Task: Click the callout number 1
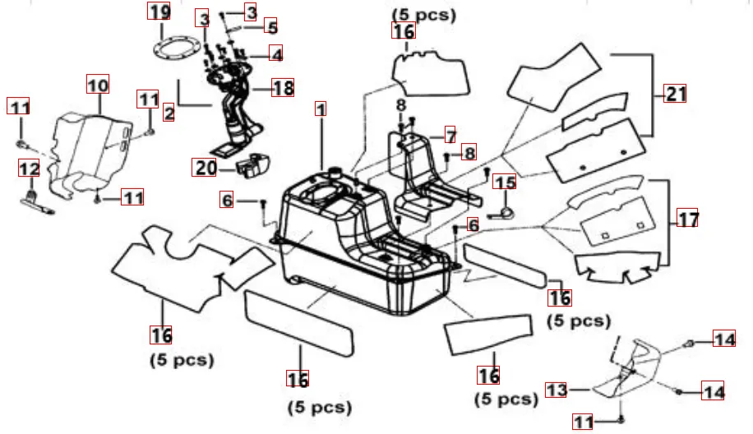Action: [x=321, y=108]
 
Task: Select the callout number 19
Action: [x=159, y=12]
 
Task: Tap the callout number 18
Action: [x=283, y=87]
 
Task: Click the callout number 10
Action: [x=98, y=84]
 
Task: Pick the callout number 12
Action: [x=29, y=169]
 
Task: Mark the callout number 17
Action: [x=687, y=219]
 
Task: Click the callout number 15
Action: [x=505, y=182]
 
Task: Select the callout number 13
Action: [x=557, y=390]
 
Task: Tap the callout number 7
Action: [x=450, y=134]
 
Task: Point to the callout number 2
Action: [x=169, y=113]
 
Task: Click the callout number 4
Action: [x=276, y=55]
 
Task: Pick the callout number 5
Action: [x=272, y=26]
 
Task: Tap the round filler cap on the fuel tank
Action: [x=335, y=172]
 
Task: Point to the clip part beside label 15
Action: [x=503, y=212]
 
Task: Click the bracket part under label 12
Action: [x=38, y=203]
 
